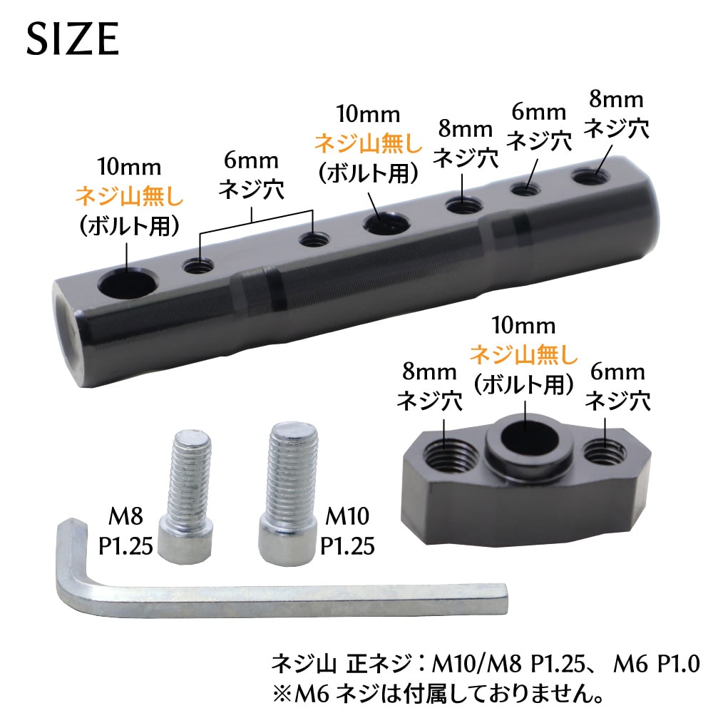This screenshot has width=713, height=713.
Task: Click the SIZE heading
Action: point(73,39)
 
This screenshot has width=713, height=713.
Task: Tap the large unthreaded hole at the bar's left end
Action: point(128,284)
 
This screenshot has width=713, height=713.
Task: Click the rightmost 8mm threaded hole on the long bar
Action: point(592,176)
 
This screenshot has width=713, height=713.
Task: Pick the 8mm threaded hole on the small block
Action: point(450,453)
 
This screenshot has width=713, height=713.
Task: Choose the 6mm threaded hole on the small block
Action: point(605,451)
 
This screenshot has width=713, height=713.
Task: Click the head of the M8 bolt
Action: point(185,539)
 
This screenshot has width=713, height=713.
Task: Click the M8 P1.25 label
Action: point(125,530)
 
